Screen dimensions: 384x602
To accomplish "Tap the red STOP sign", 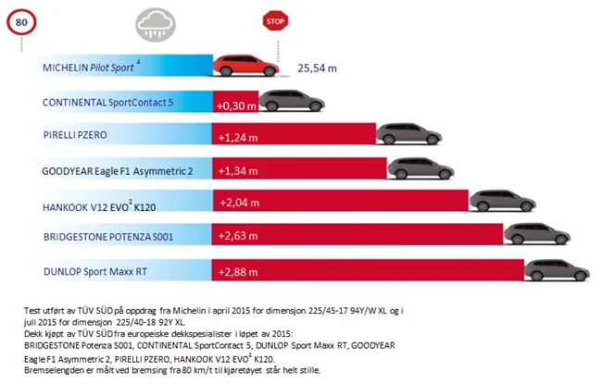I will click(274, 19).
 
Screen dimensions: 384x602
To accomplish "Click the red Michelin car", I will click(247, 66).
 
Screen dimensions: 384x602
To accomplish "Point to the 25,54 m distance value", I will click(318, 68).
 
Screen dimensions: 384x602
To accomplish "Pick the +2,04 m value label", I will click(237, 204).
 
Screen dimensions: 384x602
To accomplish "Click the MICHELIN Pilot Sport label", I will click(92, 68).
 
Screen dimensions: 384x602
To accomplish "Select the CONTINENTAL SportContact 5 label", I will click(107, 101).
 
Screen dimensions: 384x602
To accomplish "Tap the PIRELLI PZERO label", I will click(77, 135).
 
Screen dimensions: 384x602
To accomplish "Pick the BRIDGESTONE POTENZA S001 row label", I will click(103, 237).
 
